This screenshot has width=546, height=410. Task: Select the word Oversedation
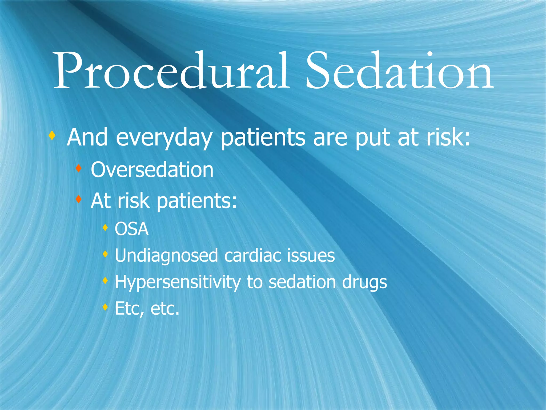coord(152,170)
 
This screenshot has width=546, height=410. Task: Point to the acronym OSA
coord(131,229)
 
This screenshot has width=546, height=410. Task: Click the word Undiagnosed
coord(166,256)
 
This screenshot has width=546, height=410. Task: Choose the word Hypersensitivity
coord(178,282)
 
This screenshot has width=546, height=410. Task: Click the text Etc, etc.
coord(147,309)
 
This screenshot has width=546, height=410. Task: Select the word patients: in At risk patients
coord(196,201)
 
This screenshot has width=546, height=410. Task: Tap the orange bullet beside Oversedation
coord(78,168)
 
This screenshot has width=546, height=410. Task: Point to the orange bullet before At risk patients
coord(78,199)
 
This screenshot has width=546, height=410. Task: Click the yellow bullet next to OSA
coord(105,228)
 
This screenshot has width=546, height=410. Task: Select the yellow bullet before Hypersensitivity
coord(105,281)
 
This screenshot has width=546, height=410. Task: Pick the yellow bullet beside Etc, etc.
coord(105,307)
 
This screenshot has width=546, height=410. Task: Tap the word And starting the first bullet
coord(87,137)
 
